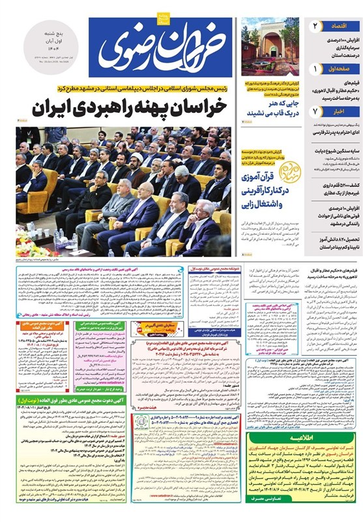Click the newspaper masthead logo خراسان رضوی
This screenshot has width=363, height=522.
[168, 44]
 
